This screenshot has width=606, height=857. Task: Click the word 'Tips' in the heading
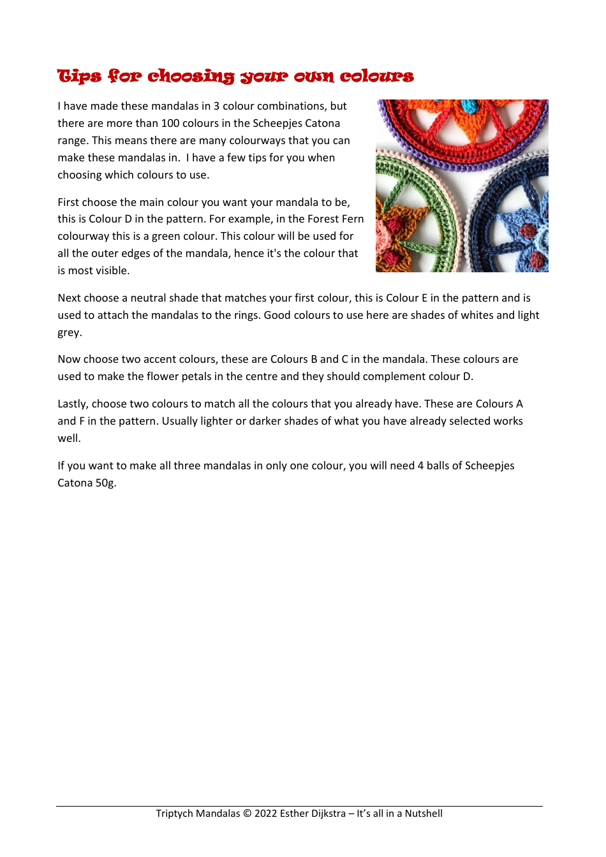pos(79,77)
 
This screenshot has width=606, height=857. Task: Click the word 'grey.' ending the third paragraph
pos(70,332)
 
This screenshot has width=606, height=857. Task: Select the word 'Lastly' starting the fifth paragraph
pos(73,404)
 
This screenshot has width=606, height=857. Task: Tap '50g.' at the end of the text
pos(106,483)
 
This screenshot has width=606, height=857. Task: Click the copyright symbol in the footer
pos(248,813)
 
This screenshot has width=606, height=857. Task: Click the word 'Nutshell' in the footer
pos(424,813)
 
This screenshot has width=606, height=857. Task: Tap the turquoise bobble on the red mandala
pos(469,106)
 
